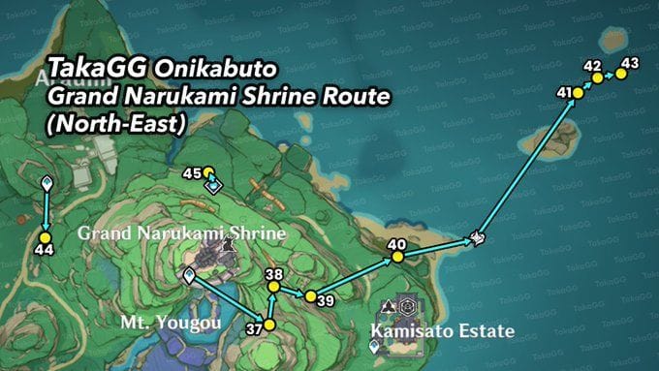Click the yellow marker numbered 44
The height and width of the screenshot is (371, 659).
click(45, 235)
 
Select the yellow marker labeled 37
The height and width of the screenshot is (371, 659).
click(269, 325)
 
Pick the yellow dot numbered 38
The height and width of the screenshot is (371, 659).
click(273, 288)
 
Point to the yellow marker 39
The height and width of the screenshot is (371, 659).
click(310, 295)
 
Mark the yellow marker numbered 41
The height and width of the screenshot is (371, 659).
click(578, 93)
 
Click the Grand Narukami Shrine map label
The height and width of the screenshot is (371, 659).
click(182, 233)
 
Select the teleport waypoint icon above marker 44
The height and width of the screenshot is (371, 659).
click(46, 183)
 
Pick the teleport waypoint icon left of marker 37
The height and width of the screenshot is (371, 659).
click(190, 276)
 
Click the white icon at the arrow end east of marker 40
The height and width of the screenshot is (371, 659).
click(477, 238)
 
